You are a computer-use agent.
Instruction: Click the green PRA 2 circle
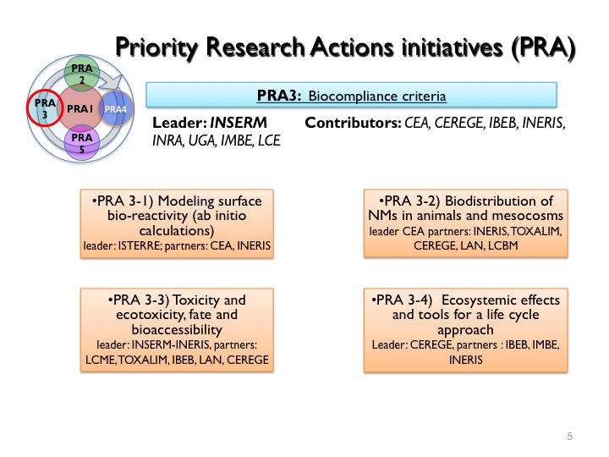pyautogui.click(x=81, y=74)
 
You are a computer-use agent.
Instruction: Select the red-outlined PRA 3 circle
pyautogui.click(x=45, y=108)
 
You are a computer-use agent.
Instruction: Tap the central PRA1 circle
pyautogui.click(x=81, y=108)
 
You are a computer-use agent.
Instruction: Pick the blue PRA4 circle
pyautogui.click(x=116, y=109)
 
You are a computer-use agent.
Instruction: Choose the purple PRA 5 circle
pyautogui.click(x=81, y=143)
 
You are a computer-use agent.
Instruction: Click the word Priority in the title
pyautogui.click(x=158, y=48)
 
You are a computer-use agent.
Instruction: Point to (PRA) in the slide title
pyautogui.click(x=543, y=48)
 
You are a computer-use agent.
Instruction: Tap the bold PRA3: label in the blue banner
pyautogui.click(x=279, y=96)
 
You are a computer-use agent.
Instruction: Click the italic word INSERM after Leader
pyautogui.click(x=239, y=123)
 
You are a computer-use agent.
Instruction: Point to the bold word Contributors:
pyautogui.click(x=353, y=123)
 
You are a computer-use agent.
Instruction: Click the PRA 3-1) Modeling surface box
pyautogui.click(x=177, y=223)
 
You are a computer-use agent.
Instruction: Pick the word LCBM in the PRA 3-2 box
pyautogui.click(x=503, y=245)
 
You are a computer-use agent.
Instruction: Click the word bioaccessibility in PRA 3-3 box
pyautogui.click(x=177, y=330)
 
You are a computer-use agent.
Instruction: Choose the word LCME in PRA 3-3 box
pyautogui.click(x=100, y=360)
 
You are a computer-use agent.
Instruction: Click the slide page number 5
pyautogui.click(x=570, y=437)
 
